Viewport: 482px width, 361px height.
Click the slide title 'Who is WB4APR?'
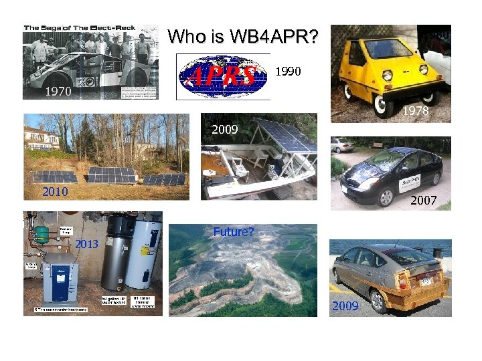pyautogui.click(x=243, y=36)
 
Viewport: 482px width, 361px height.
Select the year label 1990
pyautogui.click(x=289, y=72)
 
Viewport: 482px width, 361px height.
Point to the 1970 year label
pyautogui.click(x=58, y=92)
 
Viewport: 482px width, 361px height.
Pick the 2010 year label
pyautogui.click(x=56, y=192)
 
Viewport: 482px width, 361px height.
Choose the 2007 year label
pyautogui.click(x=424, y=200)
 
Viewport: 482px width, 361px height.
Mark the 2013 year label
pyautogui.click(x=86, y=244)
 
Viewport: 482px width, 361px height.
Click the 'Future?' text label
pyautogui.click(x=233, y=232)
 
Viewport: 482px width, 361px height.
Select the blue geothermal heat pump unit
pyautogui.click(x=59, y=275)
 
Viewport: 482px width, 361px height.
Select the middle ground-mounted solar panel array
pyautogui.click(x=112, y=175)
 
